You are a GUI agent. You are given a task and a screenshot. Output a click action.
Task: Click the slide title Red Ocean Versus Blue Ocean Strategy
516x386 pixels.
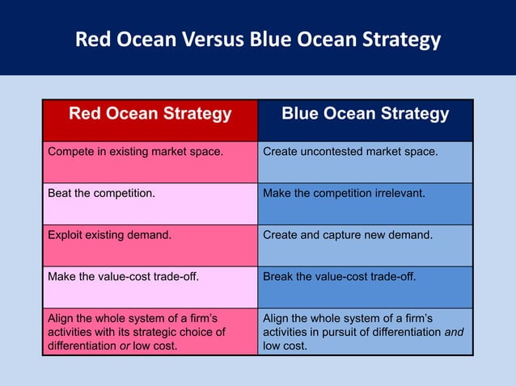(257, 40)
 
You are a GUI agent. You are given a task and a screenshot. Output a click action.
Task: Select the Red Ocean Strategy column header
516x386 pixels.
(150, 114)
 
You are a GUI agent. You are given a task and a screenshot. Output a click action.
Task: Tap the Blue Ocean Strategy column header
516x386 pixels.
(365, 114)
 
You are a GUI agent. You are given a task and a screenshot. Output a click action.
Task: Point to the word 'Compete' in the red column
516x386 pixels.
(70, 151)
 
